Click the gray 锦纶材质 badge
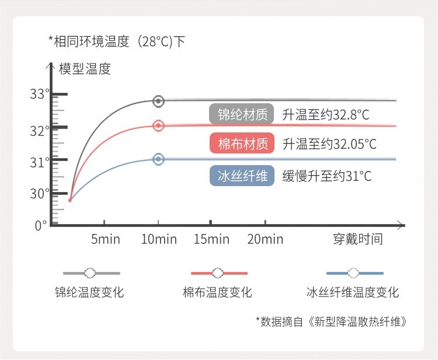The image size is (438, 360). pos(242,114)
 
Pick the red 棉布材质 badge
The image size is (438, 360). pos(242,143)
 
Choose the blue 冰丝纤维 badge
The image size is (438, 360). pos(242,176)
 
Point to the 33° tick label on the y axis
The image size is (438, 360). pos(40,94)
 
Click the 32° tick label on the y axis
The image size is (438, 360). pos(40,131)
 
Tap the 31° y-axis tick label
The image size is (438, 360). pos(40,162)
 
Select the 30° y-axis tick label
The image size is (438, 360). pos(40,194)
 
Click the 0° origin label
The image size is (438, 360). pos(41,225)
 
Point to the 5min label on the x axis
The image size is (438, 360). pos(106,239)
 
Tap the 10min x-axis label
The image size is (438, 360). pos(159,239)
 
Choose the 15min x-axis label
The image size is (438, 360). pos(211,239)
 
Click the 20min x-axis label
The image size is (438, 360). pos(265,239)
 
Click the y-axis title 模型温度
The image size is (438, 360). pos(85,69)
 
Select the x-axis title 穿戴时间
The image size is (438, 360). pos(358,239)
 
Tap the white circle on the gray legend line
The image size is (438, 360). pos(90,273)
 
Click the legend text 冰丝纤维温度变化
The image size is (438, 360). pos(353,292)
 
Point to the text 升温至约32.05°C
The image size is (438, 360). pos(329,144)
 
